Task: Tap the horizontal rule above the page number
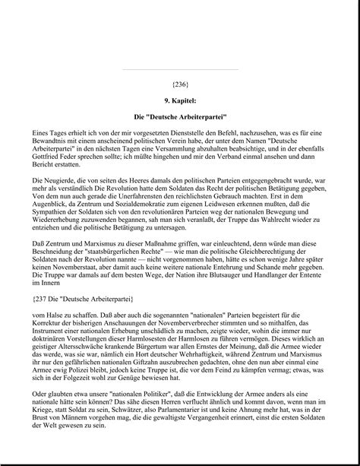coord(180,70)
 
